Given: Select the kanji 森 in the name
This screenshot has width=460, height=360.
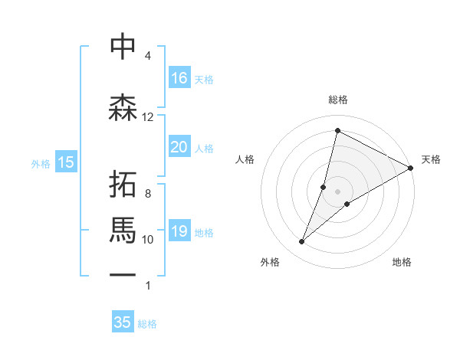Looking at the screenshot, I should point(123,107).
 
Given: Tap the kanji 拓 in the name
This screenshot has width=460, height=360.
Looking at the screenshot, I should point(123,185).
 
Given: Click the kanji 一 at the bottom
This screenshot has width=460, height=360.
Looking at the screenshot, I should point(123,274).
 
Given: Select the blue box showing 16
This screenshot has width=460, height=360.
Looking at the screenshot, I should point(179,77).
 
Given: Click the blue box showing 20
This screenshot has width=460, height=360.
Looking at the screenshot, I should point(179,147).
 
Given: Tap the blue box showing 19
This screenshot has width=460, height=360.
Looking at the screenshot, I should point(179,231).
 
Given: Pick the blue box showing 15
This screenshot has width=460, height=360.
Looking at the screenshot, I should point(66,162).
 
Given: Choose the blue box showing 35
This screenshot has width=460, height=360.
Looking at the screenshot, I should point(123,322).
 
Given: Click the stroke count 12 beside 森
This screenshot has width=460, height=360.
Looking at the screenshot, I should point(148,116).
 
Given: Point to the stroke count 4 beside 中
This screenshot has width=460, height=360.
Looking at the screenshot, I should point(148,56).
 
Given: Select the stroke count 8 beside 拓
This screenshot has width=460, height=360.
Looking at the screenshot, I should point(148,194).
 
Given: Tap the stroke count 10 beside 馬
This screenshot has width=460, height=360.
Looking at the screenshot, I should point(148,239).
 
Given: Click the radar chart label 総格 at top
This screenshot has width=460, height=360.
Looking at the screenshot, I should point(337,100).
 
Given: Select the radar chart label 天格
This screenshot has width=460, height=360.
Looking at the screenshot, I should point(431,159).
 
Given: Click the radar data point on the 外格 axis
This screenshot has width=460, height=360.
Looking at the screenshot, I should point(301,242).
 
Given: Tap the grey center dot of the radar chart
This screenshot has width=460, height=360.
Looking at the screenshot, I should point(337,191).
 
